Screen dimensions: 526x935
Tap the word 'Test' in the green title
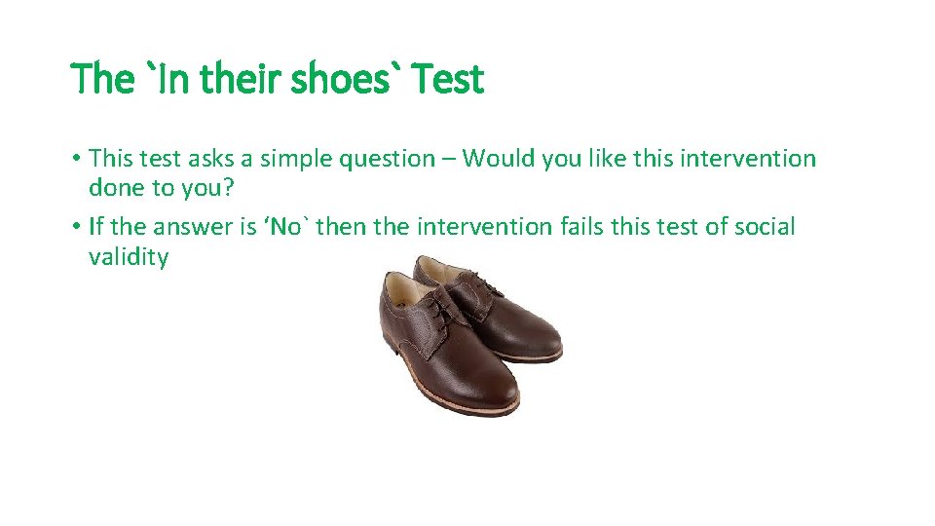coord(448,79)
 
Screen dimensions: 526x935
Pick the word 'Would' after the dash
coord(494,158)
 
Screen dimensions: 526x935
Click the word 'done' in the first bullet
coord(117,187)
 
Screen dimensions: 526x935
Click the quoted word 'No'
coord(287,227)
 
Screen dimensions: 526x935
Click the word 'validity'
coord(128,257)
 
